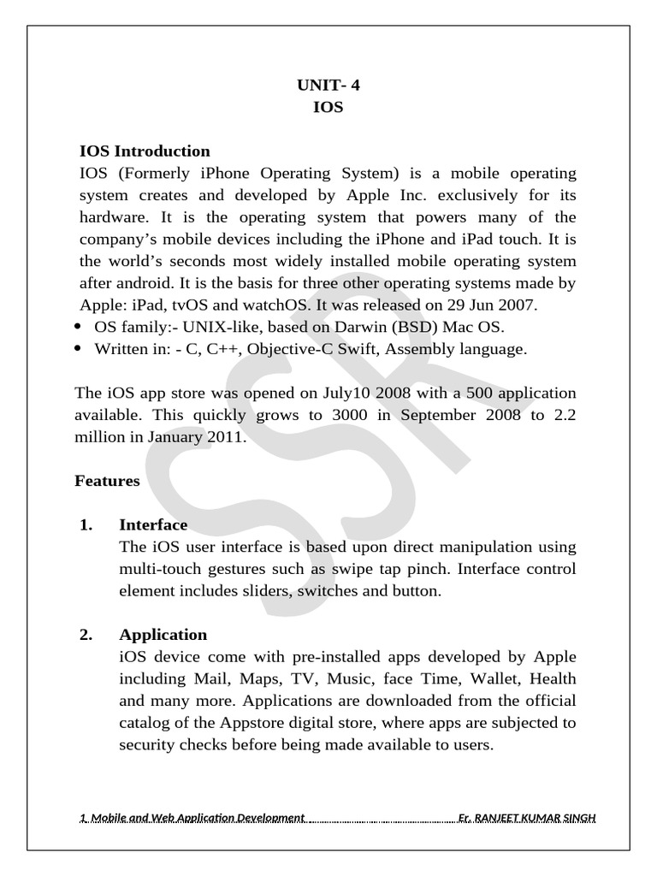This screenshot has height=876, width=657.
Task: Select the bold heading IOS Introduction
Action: click(145, 151)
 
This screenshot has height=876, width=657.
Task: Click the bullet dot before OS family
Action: click(79, 327)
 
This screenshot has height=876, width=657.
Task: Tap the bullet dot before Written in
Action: click(79, 349)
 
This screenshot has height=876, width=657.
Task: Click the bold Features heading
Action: click(107, 481)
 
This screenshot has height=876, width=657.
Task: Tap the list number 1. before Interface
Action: click(86, 524)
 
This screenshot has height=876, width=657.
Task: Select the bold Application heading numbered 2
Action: click(163, 635)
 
